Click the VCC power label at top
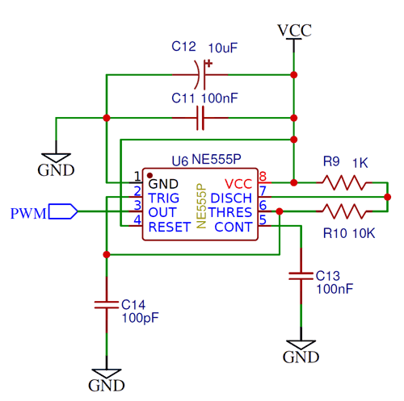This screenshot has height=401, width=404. [x=294, y=31]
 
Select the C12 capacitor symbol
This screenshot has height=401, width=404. [x=200, y=74]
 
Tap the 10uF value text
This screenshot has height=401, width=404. [x=223, y=48]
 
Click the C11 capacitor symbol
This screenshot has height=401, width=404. [x=200, y=118]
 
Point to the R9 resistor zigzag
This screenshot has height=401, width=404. [x=344, y=182]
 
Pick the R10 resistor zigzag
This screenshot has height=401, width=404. [x=344, y=211]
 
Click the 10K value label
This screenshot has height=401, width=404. [x=364, y=233]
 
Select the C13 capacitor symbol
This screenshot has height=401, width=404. [x=301, y=276]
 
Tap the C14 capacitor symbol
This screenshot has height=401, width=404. [x=107, y=305]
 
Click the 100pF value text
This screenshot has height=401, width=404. [x=141, y=318]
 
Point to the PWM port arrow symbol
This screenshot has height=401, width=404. [x=63, y=211]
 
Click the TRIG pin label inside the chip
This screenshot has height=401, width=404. [x=164, y=198]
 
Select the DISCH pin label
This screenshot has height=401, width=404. [x=231, y=198]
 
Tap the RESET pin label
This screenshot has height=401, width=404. [x=170, y=227]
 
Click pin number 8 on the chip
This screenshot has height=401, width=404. [x=263, y=177]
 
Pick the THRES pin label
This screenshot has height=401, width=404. [x=230, y=212]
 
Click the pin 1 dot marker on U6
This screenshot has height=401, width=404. [x=150, y=175]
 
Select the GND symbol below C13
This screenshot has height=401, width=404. [x=301, y=352]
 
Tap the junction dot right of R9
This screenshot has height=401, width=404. [x=388, y=197]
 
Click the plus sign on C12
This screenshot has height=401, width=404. [x=208, y=64]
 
